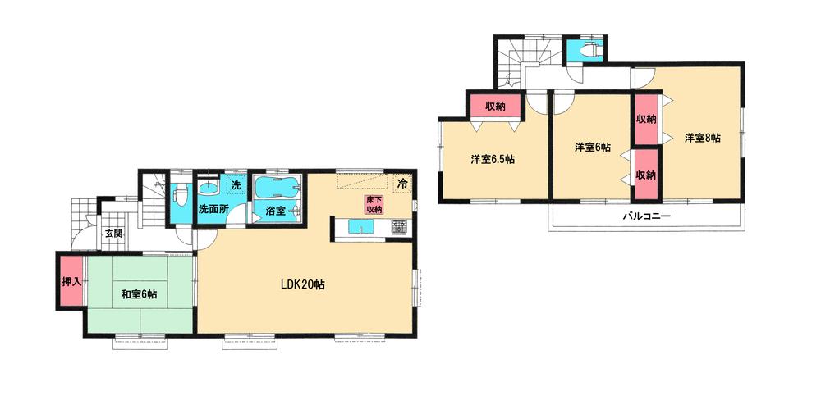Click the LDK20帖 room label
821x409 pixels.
click(x=303, y=285)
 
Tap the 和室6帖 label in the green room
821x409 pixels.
click(x=139, y=293)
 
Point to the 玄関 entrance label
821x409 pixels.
click(x=112, y=234)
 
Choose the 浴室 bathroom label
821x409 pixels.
click(x=275, y=211)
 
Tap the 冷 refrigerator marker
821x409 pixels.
click(x=402, y=183)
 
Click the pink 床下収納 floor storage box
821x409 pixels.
click(x=374, y=205)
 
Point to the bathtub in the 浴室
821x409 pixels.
click(x=277, y=188)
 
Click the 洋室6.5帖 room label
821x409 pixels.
click(x=493, y=159)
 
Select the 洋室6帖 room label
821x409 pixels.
click(x=592, y=148)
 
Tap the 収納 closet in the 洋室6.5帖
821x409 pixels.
click(x=494, y=107)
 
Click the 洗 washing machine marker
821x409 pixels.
click(x=235, y=185)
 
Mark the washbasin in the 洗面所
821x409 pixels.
click(x=209, y=185)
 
